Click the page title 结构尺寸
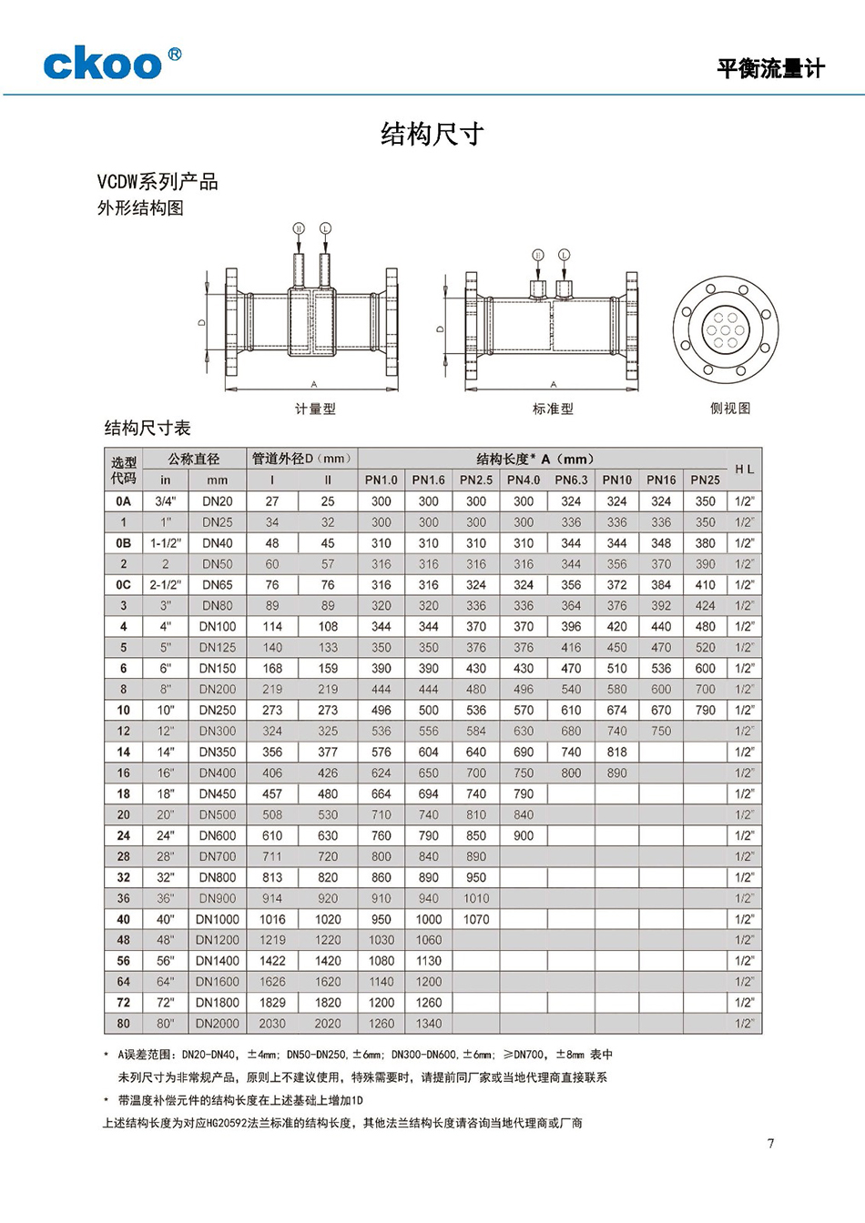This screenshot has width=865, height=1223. (432, 135)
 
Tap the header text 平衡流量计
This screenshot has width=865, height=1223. (770, 68)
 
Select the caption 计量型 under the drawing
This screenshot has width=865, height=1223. (315, 409)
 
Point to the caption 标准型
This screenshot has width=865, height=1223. (553, 409)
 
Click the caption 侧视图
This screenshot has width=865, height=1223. (730, 408)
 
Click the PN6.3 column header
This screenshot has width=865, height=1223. (571, 480)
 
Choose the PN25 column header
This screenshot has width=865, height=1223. (705, 480)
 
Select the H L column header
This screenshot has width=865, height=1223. (744, 470)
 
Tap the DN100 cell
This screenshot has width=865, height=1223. (218, 626)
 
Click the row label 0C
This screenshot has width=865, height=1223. (124, 584)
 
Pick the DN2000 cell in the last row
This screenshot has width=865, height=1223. (218, 1023)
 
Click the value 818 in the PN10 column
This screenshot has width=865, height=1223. (616, 752)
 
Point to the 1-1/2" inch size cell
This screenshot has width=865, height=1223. (166, 542)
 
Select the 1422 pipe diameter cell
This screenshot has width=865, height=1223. (272, 960)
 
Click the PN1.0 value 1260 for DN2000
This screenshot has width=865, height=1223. (382, 1023)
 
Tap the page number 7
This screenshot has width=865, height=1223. (770, 1144)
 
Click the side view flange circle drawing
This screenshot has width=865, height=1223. (726, 330)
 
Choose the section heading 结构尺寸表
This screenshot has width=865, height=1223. (148, 428)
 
